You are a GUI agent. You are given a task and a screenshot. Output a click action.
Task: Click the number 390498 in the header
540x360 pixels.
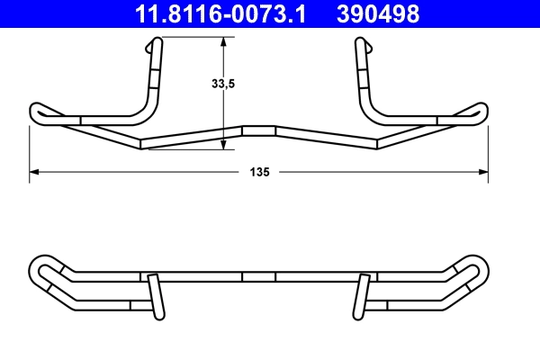tap(378, 14)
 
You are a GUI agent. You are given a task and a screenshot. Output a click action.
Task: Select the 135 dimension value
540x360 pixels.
tap(260, 171)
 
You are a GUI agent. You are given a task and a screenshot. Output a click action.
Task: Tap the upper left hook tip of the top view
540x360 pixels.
tap(158, 42)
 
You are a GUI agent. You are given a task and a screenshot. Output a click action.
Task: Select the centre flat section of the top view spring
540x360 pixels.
tap(259, 130)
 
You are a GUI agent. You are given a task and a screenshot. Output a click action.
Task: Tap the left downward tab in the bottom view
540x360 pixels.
tap(157, 297)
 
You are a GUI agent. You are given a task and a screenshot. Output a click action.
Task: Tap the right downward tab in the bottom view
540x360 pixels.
tap(363, 297)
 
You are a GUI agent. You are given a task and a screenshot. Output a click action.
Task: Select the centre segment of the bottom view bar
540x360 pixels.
tap(259, 276)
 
